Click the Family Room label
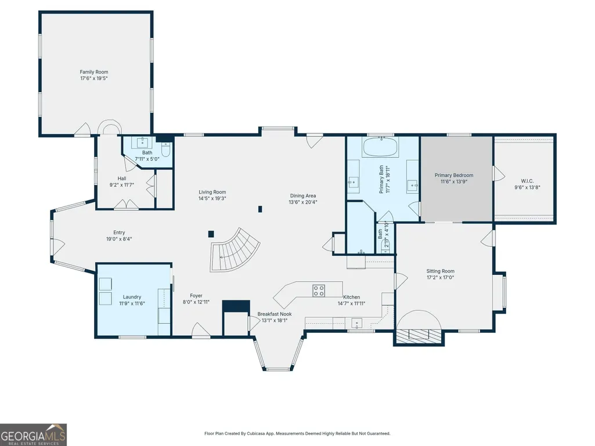tap(93, 72)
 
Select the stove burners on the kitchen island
tap(318, 291)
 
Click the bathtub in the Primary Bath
tap(380, 147)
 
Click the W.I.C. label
tap(528, 182)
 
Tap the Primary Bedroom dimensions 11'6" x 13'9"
tap(454, 182)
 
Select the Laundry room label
tap(132, 297)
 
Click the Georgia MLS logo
tap(34, 434)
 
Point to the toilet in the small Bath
tap(166, 149)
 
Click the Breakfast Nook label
tap(275, 314)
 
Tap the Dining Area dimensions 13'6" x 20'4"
tap(303, 202)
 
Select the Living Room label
tap(212, 192)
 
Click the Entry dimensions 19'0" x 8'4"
tap(119, 239)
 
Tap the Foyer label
tap(196, 295)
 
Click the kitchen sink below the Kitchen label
tap(356, 324)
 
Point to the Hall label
tap(122, 178)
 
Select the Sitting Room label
tap(440, 271)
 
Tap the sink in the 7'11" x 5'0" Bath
tap(142, 143)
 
